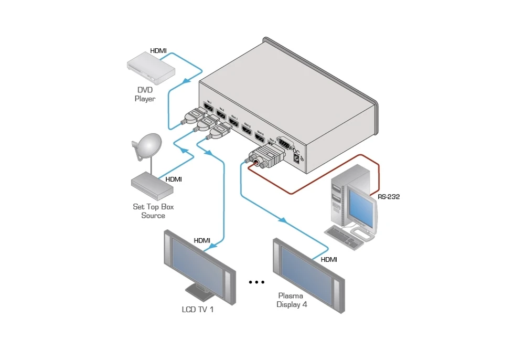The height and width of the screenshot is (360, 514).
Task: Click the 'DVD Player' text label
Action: pos(145,94)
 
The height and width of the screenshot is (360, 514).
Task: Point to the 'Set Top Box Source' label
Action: pos(153,211)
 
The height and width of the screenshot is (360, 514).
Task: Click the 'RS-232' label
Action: pos(389,197)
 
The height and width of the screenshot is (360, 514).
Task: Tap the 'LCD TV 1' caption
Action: pos(198,310)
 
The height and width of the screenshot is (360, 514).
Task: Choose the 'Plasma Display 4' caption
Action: pos(292,300)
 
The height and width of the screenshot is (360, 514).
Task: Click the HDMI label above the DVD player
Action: pos(158,51)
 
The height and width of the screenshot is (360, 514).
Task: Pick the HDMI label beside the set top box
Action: pos(174,179)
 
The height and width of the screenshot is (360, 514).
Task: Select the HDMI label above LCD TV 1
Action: pos(202,240)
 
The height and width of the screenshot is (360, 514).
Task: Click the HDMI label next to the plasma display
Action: pos(329,259)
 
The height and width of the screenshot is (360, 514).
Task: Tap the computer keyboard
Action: pos(344,237)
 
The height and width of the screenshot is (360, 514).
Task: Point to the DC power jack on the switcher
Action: pos(297,157)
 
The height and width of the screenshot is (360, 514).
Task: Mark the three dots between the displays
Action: pos(256,282)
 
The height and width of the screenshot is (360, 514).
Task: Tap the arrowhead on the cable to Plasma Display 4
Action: pos(283,220)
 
